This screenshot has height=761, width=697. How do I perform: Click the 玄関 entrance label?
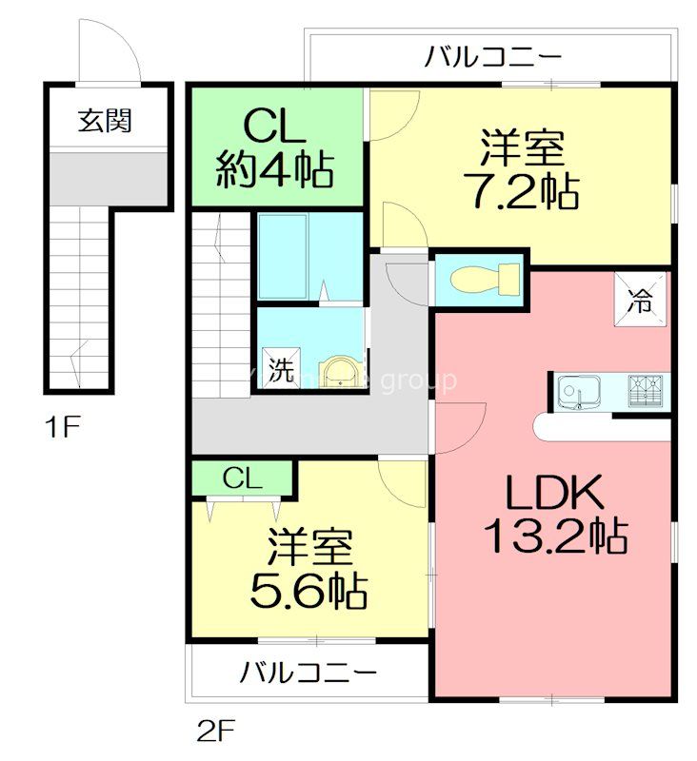(x=105, y=121)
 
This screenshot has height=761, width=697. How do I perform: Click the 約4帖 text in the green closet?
(x=273, y=171)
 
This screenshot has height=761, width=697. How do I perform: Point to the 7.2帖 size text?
(x=522, y=192)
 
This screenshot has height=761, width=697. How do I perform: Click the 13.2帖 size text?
(x=556, y=538)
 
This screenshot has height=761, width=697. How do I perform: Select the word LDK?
(x=555, y=494)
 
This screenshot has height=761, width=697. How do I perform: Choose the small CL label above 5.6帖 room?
(x=243, y=478)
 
